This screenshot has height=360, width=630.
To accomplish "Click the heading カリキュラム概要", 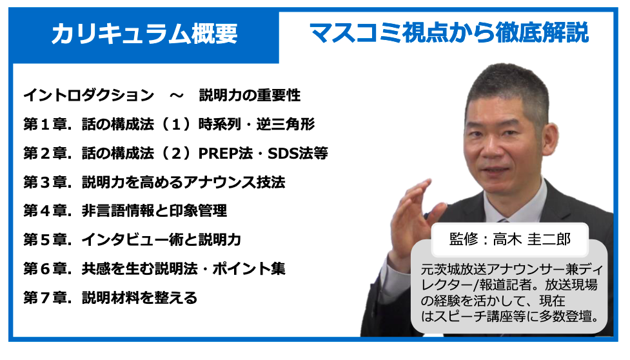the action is (144, 34).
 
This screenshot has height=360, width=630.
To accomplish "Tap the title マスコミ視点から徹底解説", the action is (449, 32).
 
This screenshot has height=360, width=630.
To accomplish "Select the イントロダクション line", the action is (162, 95).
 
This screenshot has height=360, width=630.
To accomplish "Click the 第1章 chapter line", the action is (169, 124).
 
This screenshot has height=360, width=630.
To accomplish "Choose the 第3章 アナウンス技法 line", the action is (154, 182).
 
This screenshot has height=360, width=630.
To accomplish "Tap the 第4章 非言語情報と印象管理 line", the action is (125, 210).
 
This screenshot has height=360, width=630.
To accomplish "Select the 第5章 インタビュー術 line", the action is (132, 239).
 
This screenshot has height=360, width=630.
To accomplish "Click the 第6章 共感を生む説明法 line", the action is (154, 268).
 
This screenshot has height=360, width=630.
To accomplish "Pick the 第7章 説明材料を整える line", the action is (110, 297).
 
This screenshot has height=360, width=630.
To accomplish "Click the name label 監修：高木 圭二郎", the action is (510, 239).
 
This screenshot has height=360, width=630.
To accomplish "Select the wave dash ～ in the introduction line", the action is (177, 95).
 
